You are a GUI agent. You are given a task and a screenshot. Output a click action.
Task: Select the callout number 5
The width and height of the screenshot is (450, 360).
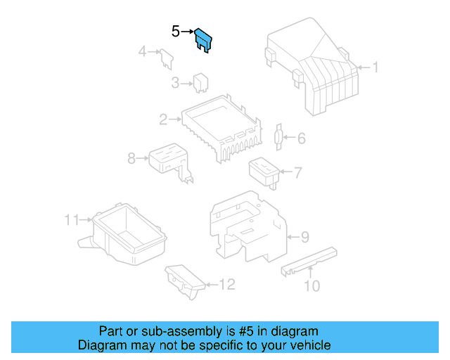[176, 31]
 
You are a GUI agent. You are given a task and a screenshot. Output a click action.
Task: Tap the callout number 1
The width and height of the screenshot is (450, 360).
[375, 68]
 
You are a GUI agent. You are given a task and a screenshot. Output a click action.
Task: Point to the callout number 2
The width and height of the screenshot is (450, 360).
[163, 120]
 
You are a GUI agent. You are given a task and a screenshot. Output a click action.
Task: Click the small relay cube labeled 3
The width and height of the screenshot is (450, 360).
[200, 82]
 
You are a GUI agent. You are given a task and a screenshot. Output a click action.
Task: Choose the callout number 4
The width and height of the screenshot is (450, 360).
[141, 51]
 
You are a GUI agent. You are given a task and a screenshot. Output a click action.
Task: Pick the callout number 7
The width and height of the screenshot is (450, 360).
[297, 172]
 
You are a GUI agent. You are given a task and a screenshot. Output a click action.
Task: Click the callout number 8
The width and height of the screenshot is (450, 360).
[131, 159]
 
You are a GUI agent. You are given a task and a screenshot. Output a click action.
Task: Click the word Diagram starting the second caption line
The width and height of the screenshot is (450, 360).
[100, 345]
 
